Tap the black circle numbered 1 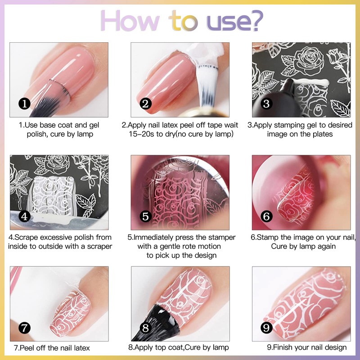coord(24,104)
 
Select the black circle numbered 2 coord(145,104)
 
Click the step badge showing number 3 coord(266,104)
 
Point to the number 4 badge coord(24,216)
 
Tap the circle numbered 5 coord(145,216)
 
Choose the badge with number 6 coord(266,216)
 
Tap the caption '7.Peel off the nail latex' coord(52,347)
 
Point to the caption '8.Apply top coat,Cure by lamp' coord(179,347)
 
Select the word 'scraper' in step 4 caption coord(99,246)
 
